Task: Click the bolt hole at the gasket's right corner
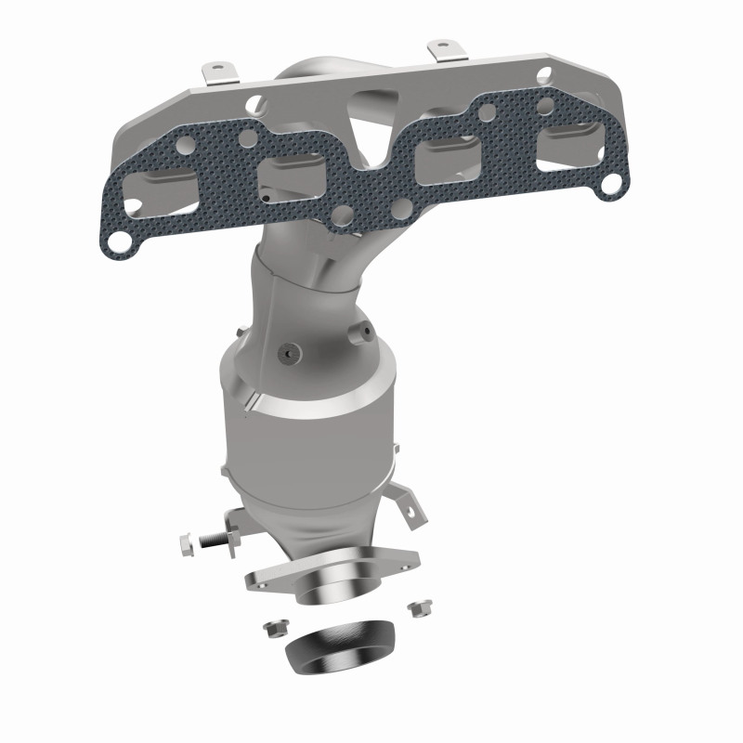click(608, 185)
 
